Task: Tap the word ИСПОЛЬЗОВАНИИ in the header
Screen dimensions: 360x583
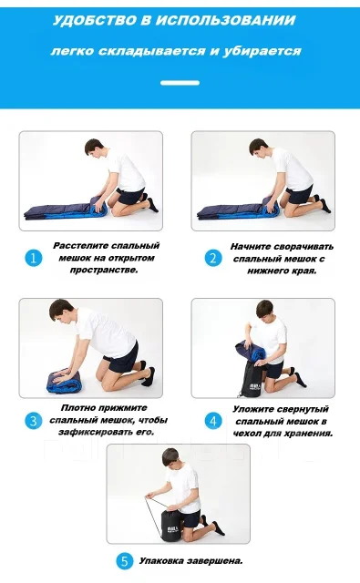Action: pyautogui.click(x=225, y=20)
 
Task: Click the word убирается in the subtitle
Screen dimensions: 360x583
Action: pyautogui.click(x=262, y=51)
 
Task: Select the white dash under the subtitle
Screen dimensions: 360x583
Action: pyautogui.click(x=180, y=83)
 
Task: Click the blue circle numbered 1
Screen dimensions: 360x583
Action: pyautogui.click(x=34, y=258)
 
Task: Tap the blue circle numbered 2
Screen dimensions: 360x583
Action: pyautogui.click(x=213, y=258)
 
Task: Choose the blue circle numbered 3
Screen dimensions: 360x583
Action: pyautogui.click(x=34, y=421)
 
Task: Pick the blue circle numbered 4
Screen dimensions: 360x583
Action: pyautogui.click(x=213, y=421)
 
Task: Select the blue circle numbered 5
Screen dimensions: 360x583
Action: pyautogui.click(x=125, y=561)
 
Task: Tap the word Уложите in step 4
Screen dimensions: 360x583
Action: pyautogui.click(x=252, y=409)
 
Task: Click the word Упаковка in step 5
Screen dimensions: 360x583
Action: pyautogui.click(x=161, y=561)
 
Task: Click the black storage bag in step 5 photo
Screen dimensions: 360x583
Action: pyautogui.click(x=172, y=525)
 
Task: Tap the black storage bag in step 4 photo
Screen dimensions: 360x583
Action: pyautogui.click(x=252, y=377)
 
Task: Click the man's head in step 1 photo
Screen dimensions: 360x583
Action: pyautogui.click(x=96, y=147)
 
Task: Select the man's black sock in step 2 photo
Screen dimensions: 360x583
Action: pyautogui.click(x=324, y=205)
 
